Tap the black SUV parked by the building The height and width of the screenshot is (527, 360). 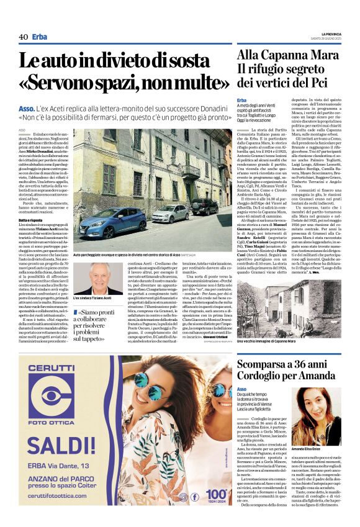204,206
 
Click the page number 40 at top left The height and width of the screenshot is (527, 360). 23,37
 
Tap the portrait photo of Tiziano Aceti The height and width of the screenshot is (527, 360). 98,278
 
